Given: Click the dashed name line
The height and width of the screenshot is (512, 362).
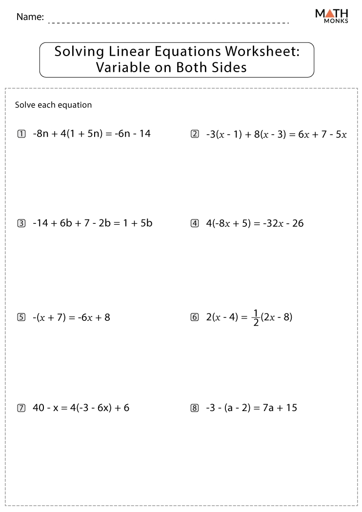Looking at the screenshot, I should (168, 22).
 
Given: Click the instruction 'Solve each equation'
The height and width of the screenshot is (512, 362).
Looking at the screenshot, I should (53, 105).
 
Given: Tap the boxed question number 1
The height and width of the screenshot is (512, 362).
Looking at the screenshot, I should (21, 134).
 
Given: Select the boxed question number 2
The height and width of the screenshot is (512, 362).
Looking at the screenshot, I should (195, 134).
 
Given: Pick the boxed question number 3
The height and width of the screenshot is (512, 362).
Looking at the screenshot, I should (21, 224).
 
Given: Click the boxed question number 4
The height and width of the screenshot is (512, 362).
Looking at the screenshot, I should (195, 224).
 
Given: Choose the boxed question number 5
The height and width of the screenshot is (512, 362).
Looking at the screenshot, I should (21, 317).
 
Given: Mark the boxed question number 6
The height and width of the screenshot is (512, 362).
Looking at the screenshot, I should (195, 317).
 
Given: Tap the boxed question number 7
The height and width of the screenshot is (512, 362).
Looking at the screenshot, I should (21, 408).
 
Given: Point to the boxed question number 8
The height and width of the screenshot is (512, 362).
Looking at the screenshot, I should (195, 408).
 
